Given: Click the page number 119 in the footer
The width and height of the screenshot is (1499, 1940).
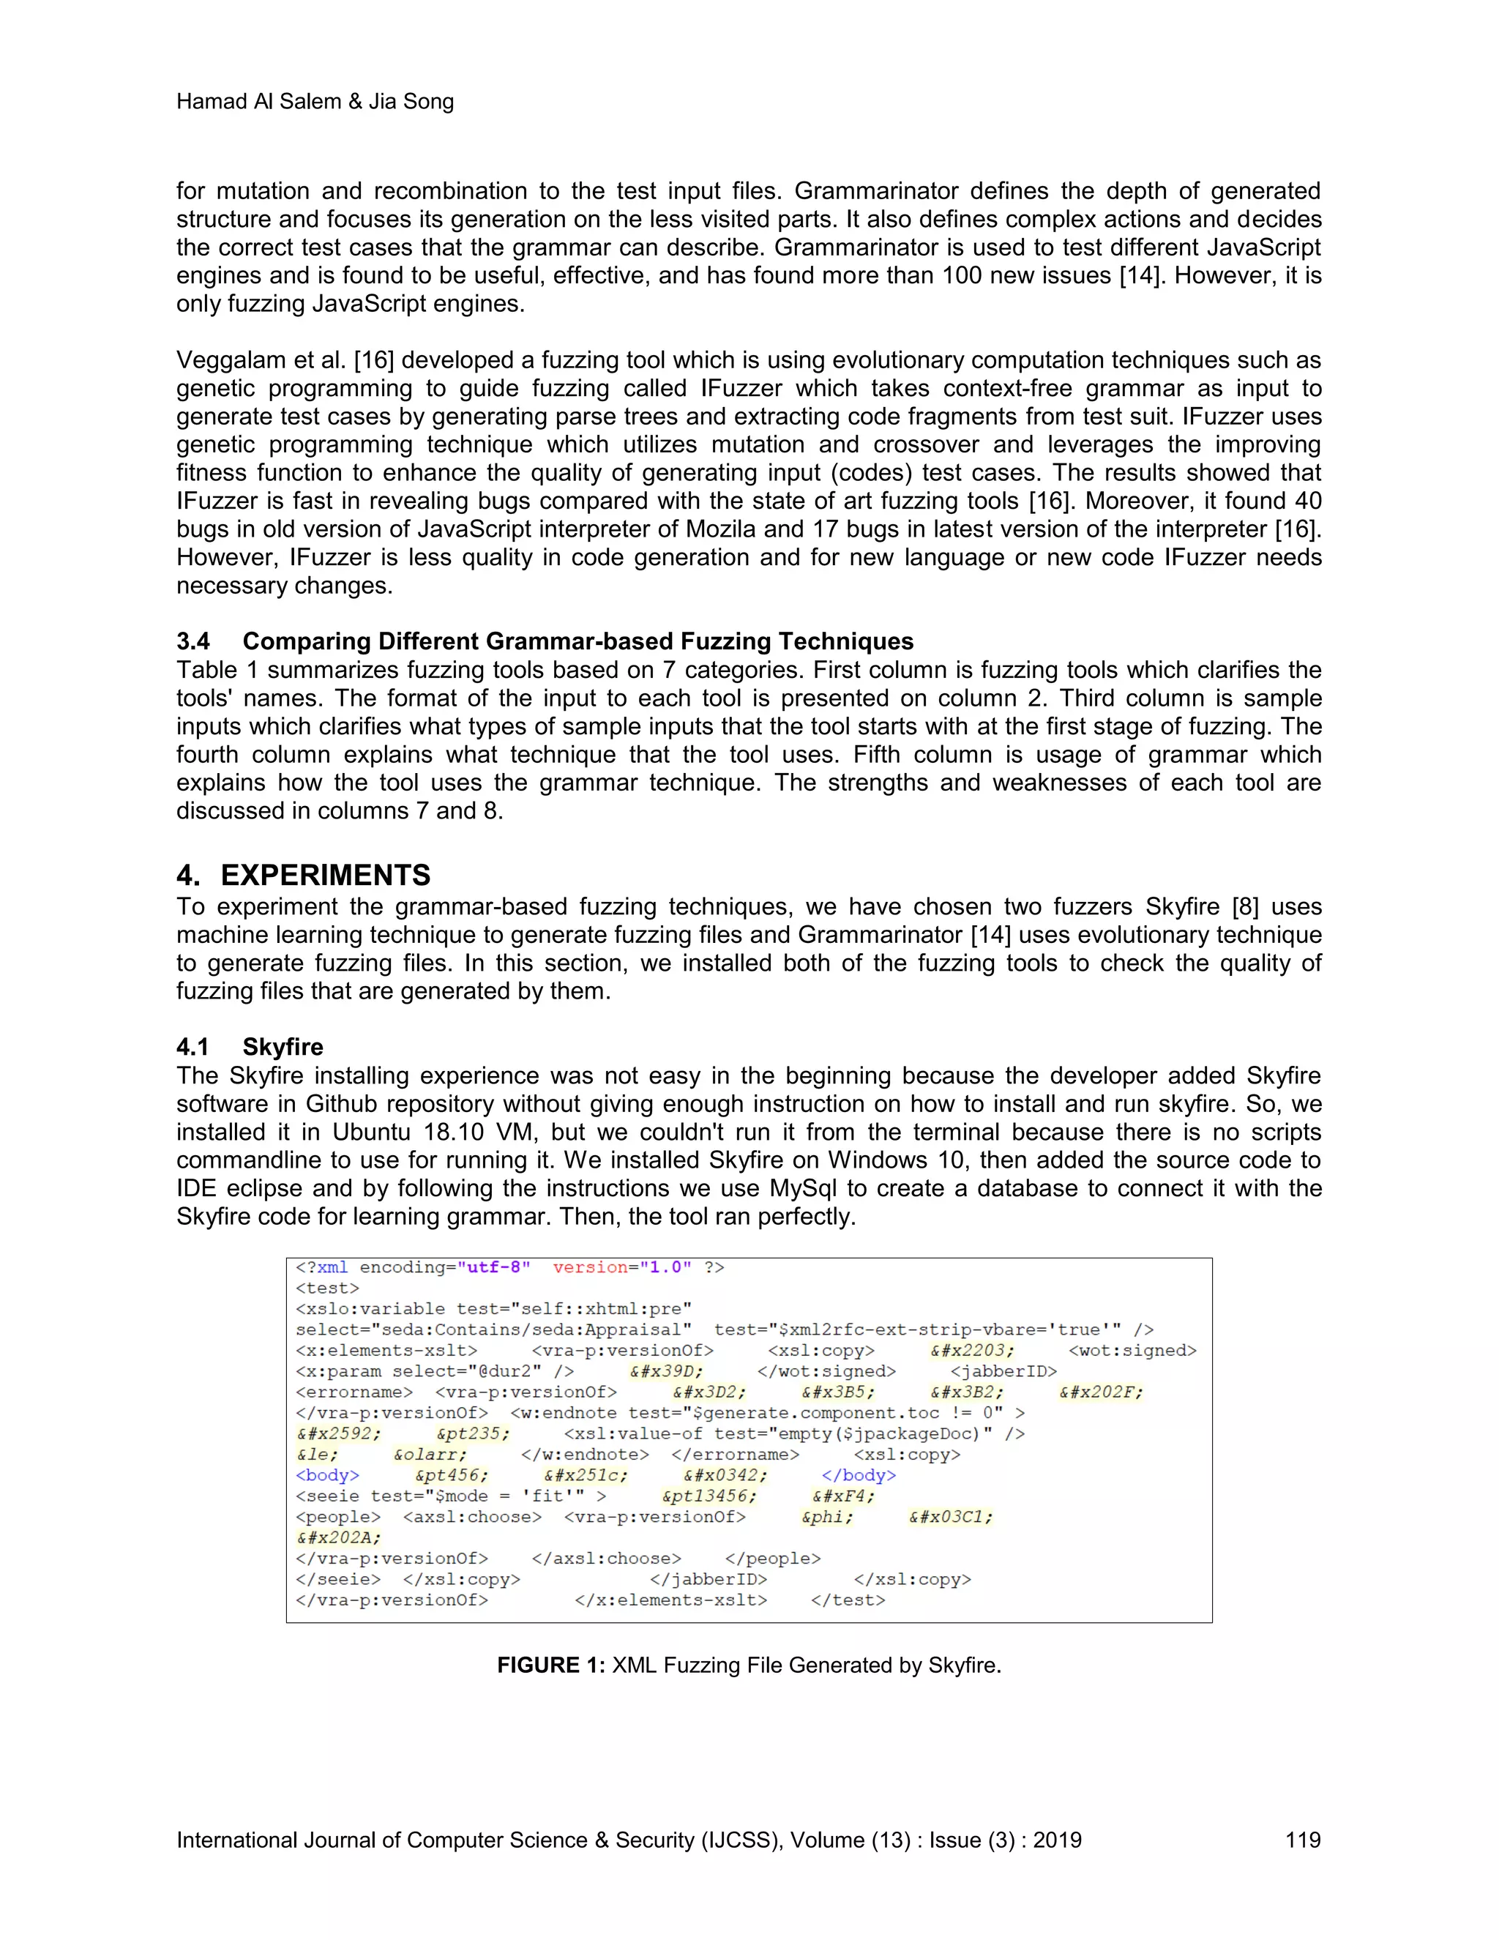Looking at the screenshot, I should click(1302, 1840).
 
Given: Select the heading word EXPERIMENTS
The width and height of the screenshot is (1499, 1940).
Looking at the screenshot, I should click(325, 875).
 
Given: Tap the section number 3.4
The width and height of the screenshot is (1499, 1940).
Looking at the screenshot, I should click(192, 641).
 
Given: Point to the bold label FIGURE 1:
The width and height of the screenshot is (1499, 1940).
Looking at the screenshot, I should click(550, 1665).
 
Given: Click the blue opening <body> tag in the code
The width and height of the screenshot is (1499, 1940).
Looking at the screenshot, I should click(326, 1475).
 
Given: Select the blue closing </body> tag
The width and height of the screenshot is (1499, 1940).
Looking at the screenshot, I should click(859, 1475).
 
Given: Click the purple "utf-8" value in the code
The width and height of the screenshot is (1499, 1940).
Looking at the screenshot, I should click(494, 1267).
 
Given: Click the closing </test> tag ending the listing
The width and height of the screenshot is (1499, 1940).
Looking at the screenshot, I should click(848, 1600).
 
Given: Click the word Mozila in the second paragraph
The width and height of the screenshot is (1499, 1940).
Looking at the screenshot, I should click(720, 529).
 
